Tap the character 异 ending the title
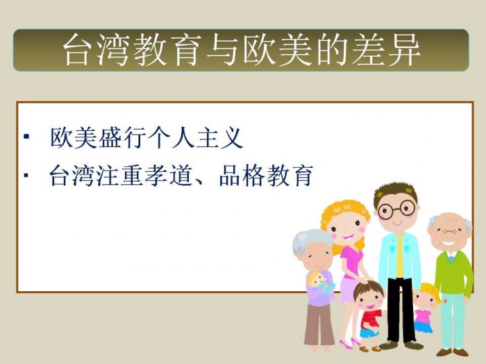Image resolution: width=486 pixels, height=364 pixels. pos(404,49)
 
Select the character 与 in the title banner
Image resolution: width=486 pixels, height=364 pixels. pos(223,49)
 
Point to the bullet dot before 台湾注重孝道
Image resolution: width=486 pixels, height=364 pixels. pos(26,175)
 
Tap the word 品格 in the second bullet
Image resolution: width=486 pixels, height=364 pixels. pos(242,176)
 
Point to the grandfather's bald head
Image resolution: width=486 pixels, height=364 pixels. pos(449,220)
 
